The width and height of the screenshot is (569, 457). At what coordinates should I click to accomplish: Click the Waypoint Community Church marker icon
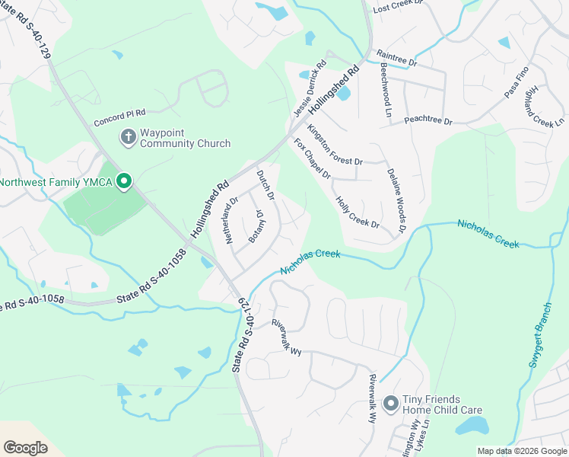coord(129,136)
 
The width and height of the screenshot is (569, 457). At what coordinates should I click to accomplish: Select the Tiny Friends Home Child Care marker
coord(390,403)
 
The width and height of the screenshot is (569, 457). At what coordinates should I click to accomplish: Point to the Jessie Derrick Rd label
coord(310,90)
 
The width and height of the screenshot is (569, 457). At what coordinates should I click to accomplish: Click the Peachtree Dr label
coord(428,121)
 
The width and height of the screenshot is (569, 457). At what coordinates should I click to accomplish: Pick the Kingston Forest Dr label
coord(335,145)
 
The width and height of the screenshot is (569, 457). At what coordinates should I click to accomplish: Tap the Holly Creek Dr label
coord(357,212)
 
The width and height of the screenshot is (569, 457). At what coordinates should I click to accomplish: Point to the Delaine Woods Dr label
coord(396,201)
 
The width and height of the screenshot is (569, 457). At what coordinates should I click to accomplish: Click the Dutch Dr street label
coord(265,184)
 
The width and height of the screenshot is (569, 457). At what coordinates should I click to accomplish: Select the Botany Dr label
coord(256,226)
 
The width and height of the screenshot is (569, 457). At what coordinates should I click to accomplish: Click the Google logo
coord(25,448)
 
